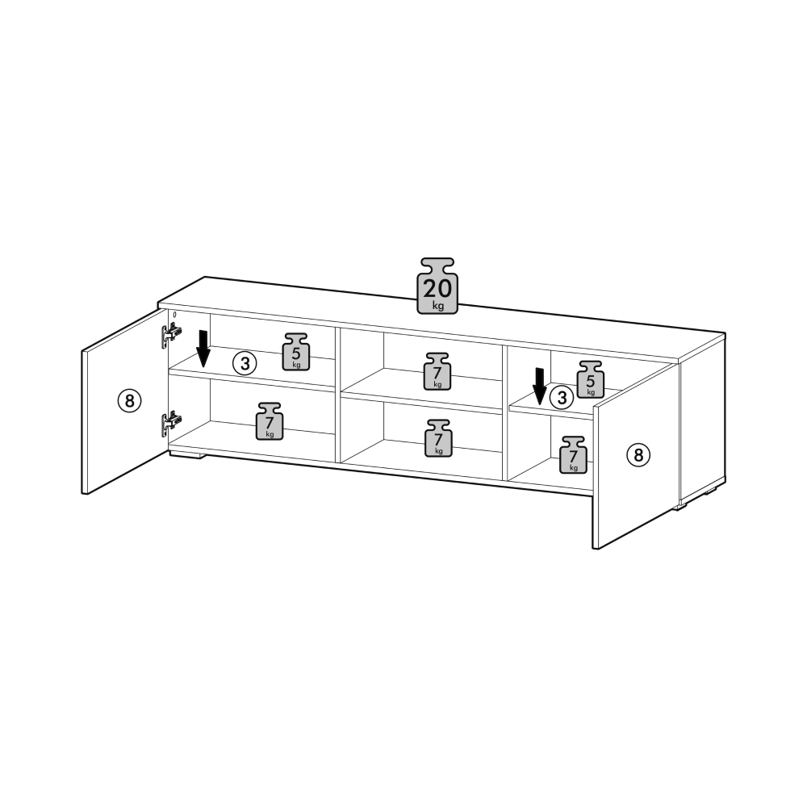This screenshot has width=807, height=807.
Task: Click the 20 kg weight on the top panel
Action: tap(437, 286)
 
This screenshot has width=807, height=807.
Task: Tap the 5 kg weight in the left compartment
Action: tap(296, 352)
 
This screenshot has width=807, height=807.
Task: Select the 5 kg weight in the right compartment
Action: tap(591, 379)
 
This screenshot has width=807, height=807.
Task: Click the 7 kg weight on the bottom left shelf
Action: tap(270, 421)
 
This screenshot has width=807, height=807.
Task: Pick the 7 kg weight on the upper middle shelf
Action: tap(437, 371)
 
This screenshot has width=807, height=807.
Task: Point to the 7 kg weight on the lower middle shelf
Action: tap(438, 438)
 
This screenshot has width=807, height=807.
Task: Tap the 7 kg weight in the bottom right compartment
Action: tap(573, 455)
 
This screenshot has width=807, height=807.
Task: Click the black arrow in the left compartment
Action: tap(203, 349)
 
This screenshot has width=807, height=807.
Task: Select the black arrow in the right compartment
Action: tap(539, 387)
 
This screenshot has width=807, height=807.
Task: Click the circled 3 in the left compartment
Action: tap(245, 364)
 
